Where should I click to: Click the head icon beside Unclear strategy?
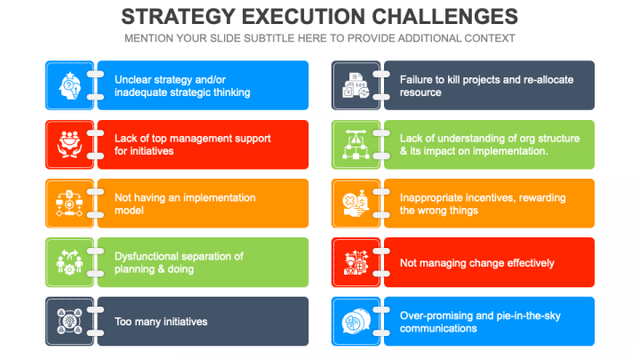pos(70,85)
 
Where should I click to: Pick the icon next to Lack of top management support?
pos(70,145)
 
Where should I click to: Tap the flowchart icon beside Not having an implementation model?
pos(69,204)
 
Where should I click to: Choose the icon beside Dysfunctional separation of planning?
pos(70,262)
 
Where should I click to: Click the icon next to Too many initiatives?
pos(70,321)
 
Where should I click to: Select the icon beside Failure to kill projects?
pos(356,85)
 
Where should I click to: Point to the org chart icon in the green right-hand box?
pos(356,145)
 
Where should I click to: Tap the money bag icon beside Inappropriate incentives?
pos(356,204)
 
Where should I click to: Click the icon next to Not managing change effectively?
pos(356,262)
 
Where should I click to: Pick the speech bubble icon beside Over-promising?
pos(356,321)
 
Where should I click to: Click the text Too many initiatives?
pos(161,322)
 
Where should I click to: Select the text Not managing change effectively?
pos(476,263)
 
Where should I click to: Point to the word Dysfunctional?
pos(146,256)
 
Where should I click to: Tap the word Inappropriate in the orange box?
pos(431,197)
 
